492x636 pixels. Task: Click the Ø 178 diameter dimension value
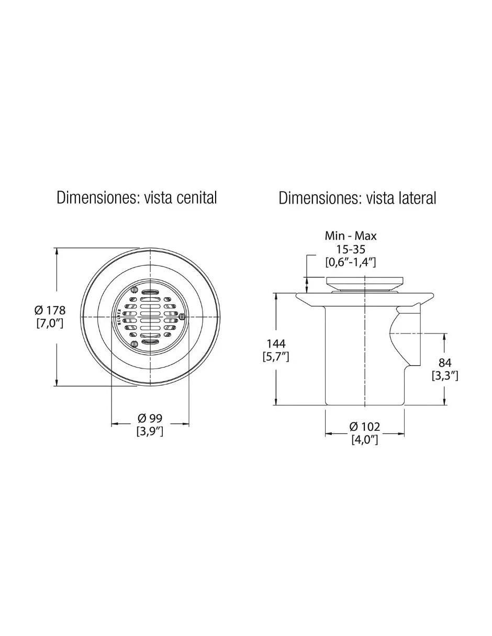[x=50, y=310]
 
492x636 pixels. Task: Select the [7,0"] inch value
[x=50, y=323]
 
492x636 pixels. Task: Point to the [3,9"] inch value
[x=150, y=432]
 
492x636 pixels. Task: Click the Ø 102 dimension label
[x=365, y=427]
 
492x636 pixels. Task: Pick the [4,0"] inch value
[x=365, y=440]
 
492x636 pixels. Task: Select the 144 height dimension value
[x=276, y=343]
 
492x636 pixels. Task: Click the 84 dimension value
[x=445, y=363]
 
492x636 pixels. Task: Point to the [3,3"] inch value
[x=445, y=376]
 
